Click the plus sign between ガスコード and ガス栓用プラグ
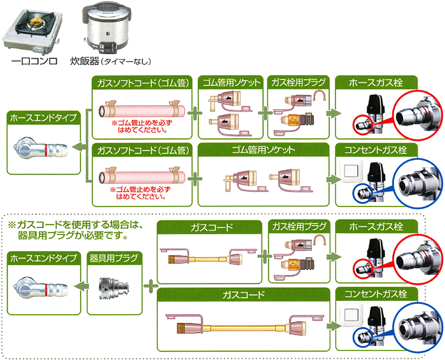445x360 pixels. click(264, 257)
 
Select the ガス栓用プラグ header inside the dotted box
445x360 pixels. click(297, 226)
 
